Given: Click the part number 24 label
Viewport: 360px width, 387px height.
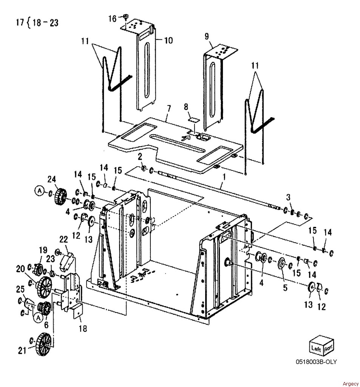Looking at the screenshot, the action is [x=52, y=179].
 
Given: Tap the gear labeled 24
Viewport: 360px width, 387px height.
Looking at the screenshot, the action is [x=60, y=196].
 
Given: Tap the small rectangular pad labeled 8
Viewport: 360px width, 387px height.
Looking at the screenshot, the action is [x=194, y=119].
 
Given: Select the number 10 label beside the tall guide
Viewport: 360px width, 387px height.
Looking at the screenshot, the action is [x=168, y=40].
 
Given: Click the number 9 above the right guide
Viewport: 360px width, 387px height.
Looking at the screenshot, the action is [x=207, y=36].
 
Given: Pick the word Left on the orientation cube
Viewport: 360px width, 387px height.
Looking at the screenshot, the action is [x=316, y=348].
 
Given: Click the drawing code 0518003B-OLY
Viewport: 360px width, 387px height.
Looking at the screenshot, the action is [x=316, y=362].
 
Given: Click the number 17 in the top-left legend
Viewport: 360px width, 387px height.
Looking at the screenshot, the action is [x=20, y=22].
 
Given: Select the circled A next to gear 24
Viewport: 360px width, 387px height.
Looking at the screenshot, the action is [x=39, y=191].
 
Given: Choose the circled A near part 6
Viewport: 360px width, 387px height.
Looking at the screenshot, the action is [x=38, y=318].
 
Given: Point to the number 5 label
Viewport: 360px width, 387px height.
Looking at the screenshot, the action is [x=285, y=288].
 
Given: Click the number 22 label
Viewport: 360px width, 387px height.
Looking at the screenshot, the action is [x=64, y=239].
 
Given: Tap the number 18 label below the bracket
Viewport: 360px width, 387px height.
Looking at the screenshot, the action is [x=83, y=328].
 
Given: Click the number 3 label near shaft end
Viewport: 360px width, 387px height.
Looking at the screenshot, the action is [x=288, y=197].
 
